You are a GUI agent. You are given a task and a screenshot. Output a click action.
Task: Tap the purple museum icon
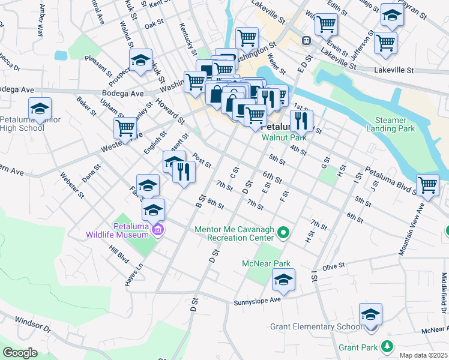(x=158, y=229)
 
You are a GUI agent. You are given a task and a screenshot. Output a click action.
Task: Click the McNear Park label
(x=266, y=263)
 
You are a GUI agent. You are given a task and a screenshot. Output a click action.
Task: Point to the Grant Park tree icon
(x=388, y=347)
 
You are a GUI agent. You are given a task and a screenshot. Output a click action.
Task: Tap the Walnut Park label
(x=284, y=137)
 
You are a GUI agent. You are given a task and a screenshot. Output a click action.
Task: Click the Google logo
(x=20, y=353)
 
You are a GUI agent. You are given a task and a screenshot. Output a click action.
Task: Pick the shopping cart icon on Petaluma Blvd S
(x=427, y=185)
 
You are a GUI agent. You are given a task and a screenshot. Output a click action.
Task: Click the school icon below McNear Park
(x=283, y=280)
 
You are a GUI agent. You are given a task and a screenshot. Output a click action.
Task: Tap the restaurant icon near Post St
(x=184, y=173)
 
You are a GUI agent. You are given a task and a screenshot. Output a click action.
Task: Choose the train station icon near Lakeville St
(x=306, y=40)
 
